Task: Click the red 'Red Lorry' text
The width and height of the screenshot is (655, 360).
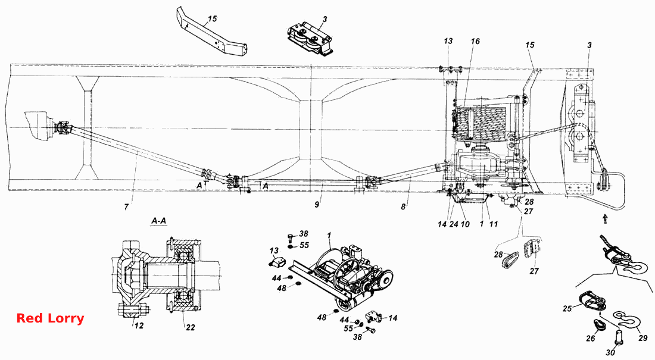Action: coord(50,318)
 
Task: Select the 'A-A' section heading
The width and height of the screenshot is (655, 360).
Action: coord(159,221)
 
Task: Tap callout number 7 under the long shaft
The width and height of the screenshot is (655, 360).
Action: coord(126,206)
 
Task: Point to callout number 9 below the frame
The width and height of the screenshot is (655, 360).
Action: coord(317,205)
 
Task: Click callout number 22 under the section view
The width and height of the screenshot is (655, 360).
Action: coord(190,327)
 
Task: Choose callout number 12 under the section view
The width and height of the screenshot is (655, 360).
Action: coord(139,325)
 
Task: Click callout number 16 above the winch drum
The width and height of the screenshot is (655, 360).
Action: coord(475,41)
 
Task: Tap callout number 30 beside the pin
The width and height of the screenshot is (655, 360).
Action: coord(610,352)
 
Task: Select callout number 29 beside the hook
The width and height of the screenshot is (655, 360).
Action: coord(643,338)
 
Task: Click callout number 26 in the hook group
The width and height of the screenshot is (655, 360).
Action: coord(590,338)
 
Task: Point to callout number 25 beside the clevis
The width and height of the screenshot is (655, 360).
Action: coord(567,309)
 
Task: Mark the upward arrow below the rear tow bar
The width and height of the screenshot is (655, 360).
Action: coord(605,218)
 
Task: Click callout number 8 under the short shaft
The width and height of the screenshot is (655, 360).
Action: coord(403,206)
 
